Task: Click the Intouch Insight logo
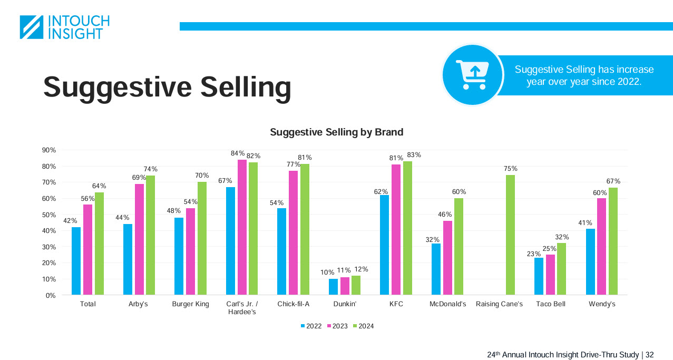tap(64, 27)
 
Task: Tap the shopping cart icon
tap(473, 74)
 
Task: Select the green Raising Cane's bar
tap(510, 235)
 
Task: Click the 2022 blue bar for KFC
tap(384, 245)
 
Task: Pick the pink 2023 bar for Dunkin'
tap(345, 286)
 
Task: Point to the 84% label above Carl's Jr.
tap(237, 153)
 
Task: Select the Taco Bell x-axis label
tap(550, 304)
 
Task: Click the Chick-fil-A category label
tap(293, 304)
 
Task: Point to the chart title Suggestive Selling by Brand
tap(336, 132)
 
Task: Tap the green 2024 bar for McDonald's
tap(459, 246)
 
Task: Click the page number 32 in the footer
tap(649, 355)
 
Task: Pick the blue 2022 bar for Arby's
tap(128, 259)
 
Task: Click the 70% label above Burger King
tap(202, 176)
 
